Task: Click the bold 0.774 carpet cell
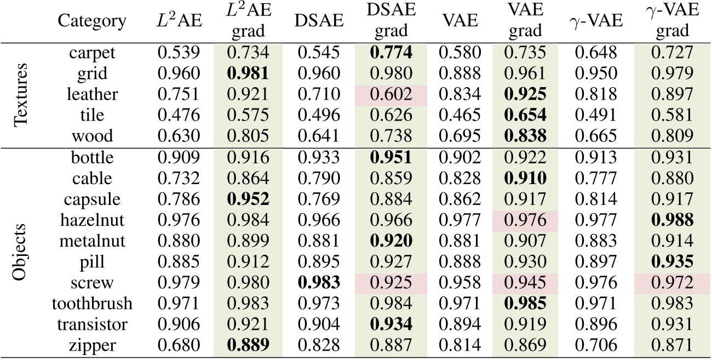tap(391, 53)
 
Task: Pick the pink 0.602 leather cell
tap(391, 95)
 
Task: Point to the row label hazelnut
tap(92, 220)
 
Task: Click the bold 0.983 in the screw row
tap(319, 282)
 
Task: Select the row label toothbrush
tap(92, 303)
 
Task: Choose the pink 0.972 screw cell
tap(672, 282)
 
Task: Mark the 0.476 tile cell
tap(177, 116)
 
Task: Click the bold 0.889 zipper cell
tap(248, 345)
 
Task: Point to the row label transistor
tap(92, 324)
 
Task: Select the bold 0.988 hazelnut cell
tap(672, 220)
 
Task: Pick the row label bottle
tap(92, 157)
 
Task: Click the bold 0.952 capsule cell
tap(248, 199)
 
